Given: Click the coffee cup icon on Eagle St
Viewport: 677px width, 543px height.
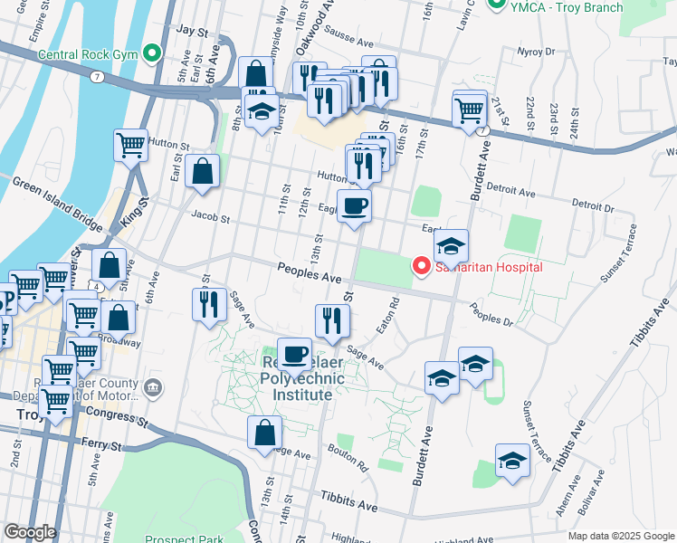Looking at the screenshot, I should (x=355, y=205).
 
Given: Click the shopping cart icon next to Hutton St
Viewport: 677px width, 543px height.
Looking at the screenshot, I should (x=130, y=144).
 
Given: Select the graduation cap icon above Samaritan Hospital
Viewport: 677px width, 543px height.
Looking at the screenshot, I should (x=450, y=244).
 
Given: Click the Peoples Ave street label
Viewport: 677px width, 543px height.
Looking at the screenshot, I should (x=309, y=272).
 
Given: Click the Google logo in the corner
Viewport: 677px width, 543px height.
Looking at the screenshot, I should (x=29, y=532).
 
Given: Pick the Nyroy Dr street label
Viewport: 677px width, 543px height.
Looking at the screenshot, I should (x=536, y=52).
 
